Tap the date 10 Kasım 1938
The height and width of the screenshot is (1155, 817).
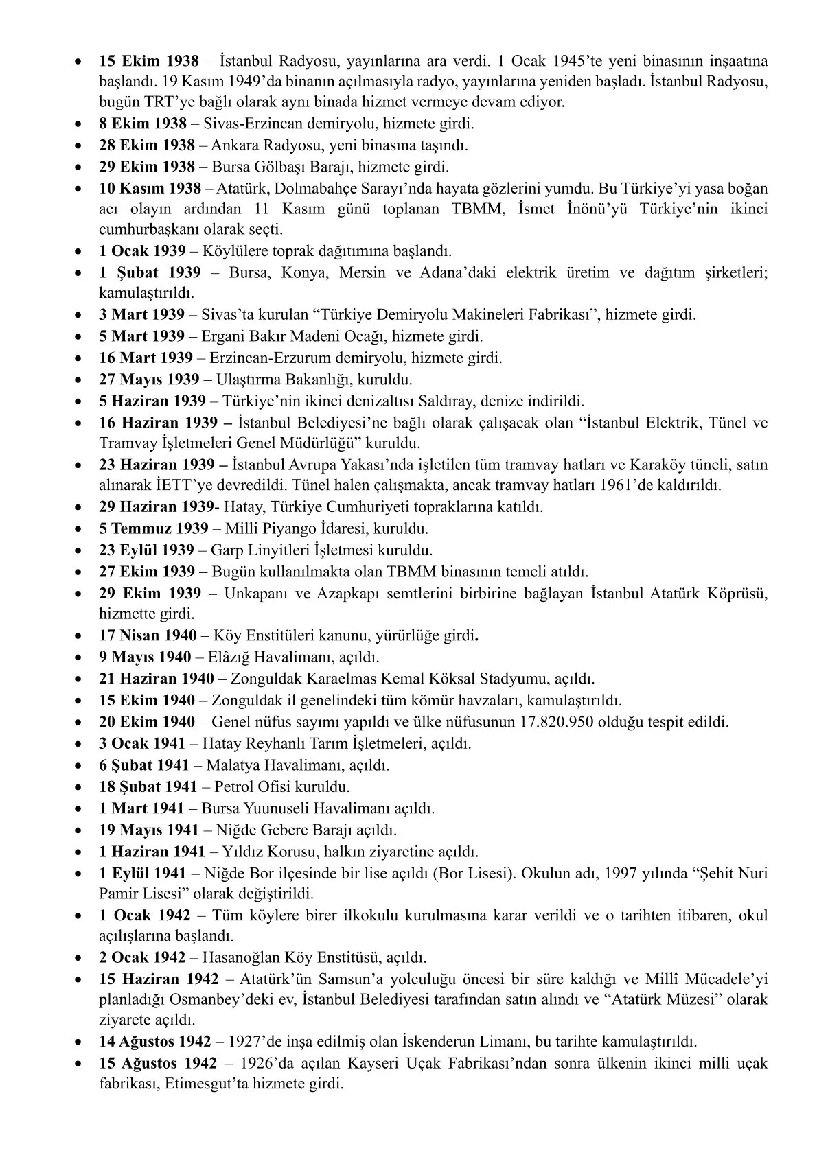(x=150, y=188)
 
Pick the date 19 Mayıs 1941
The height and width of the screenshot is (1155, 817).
(x=149, y=830)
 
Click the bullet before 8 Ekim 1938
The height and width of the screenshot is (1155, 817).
(x=82, y=125)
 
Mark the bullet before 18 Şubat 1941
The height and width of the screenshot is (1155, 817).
(x=82, y=787)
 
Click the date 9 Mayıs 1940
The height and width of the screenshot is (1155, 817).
(x=145, y=657)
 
